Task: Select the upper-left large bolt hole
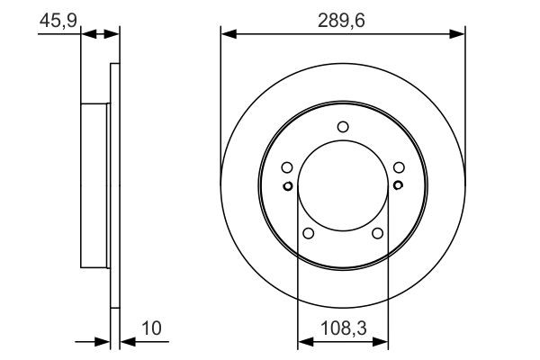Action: coord(286,166)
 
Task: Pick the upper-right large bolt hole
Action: coord(399,166)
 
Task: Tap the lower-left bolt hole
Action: coord(308,234)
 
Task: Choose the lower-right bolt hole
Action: coord(378,234)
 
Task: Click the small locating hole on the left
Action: coord(287,186)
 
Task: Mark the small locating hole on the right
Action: coord(399,186)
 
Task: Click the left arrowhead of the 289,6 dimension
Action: coord(227,34)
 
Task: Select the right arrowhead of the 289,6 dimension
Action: coord(459,34)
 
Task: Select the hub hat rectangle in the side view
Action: coord(95,186)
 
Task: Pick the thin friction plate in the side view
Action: coord(114,186)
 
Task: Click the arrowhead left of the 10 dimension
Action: coord(103,342)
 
